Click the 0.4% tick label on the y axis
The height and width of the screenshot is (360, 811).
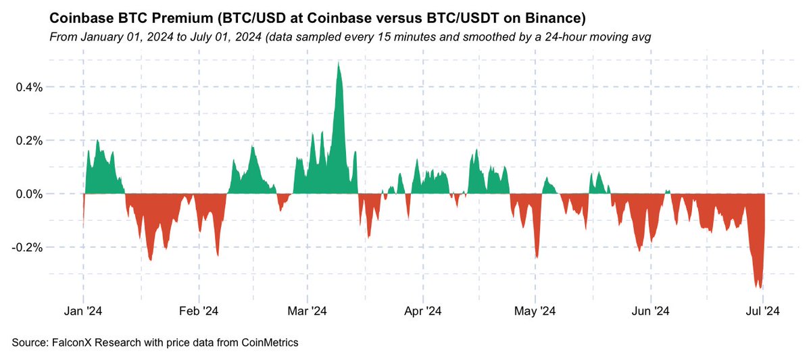(x=29, y=87)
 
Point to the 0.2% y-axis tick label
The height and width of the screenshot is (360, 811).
(x=29, y=140)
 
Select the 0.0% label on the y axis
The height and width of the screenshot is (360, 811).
(x=29, y=195)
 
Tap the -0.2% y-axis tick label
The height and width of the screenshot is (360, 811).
(x=27, y=248)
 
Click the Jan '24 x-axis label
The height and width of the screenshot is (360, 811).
(x=83, y=311)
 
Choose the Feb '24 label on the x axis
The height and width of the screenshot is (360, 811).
(x=199, y=311)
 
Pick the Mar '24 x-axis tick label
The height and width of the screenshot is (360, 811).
(x=307, y=311)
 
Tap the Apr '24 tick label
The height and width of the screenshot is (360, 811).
(x=423, y=311)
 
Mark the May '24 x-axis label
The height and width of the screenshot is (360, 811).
(x=535, y=311)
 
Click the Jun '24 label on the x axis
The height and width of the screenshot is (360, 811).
(x=651, y=311)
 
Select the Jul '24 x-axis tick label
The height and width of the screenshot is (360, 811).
(x=763, y=311)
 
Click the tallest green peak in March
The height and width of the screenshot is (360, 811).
(x=338, y=63)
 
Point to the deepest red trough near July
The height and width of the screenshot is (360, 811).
(x=760, y=288)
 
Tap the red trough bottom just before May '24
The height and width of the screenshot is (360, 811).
(x=537, y=257)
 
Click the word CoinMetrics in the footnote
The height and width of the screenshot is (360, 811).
(x=270, y=342)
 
